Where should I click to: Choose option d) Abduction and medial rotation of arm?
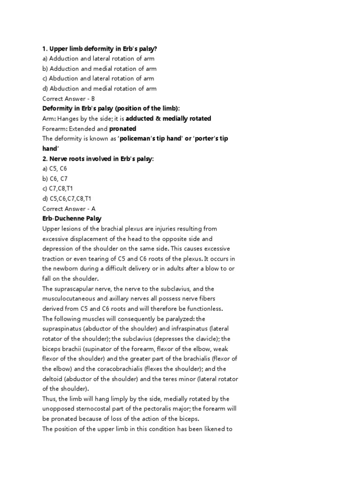[99, 89]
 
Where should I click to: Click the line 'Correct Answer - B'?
[68, 98]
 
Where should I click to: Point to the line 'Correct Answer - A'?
[68, 209]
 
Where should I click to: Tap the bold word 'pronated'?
[123, 128]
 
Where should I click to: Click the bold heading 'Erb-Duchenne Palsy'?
[72, 218]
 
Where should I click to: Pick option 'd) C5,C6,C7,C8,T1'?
[66, 199]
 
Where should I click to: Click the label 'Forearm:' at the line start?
[55, 128]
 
